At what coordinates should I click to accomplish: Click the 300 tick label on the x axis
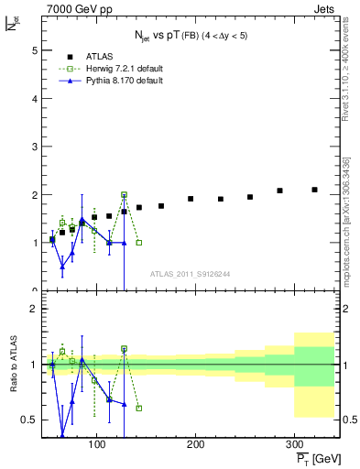pos(294,444)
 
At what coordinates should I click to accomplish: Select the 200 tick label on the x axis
pos(195,444)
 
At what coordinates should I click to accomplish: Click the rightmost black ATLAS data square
pos(314,190)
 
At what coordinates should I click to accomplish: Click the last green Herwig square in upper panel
pos(138,243)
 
